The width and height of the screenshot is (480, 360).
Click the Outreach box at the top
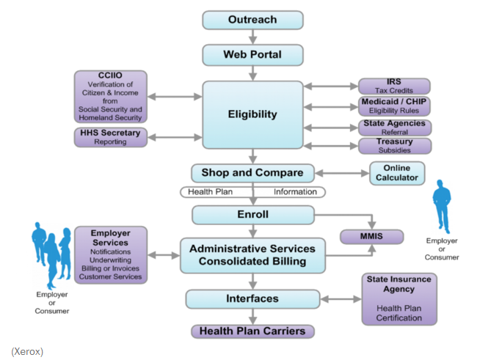[252, 20]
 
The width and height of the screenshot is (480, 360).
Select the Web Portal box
[252, 55]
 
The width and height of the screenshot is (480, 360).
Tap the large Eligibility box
[252, 114]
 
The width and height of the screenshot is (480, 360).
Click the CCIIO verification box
[111, 96]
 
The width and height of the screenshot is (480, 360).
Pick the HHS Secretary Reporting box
[111, 137]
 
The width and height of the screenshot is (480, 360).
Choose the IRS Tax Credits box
[394, 87]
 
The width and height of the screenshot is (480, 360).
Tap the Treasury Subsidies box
[394, 146]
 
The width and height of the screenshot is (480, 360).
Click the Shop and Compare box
[252, 173]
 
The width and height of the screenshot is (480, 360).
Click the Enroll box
[252, 215]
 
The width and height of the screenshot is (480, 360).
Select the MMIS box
[371, 237]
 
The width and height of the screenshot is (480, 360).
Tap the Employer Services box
[111, 254]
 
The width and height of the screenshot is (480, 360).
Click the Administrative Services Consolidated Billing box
[252, 255]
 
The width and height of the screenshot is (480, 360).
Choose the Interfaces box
[252, 299]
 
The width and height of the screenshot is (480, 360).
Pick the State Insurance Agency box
[399, 298]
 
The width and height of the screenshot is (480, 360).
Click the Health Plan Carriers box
[252, 331]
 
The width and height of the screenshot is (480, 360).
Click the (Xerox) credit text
[27, 352]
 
